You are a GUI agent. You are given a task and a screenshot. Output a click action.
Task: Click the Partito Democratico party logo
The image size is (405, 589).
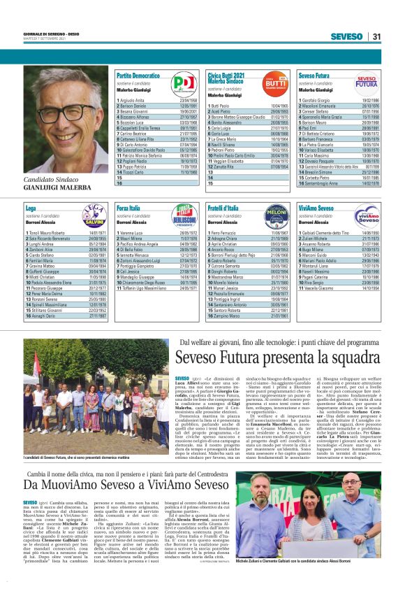pyautogui.click(x=184, y=84)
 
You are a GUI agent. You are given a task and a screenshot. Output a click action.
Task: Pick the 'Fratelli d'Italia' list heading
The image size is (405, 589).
pyautogui.click(x=228, y=208)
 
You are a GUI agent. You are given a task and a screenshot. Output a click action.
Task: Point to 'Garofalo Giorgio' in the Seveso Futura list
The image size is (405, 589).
pyautogui.click(x=318, y=100)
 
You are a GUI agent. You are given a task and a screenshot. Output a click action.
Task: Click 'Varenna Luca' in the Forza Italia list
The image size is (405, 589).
pyautogui.click(x=134, y=232)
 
